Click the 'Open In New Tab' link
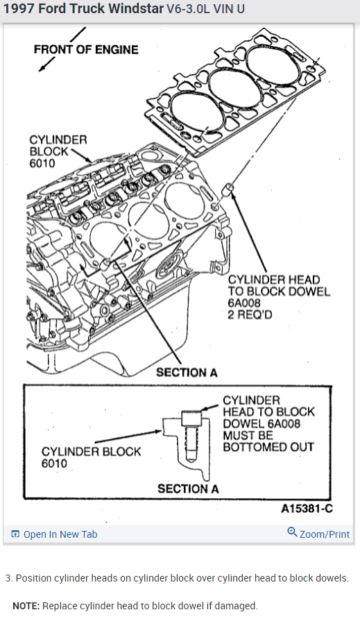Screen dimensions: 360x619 point(60,534)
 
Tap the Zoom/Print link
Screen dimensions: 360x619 point(325,534)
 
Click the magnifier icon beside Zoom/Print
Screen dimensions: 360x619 point(292,532)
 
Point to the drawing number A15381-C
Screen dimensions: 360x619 point(307,509)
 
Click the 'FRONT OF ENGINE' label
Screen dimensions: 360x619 point(86,49)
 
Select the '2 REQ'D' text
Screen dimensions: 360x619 point(250,314)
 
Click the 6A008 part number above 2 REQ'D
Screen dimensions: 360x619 point(244,303)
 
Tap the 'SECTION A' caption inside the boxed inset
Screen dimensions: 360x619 point(188,489)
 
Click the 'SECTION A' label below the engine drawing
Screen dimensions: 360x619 point(187,372)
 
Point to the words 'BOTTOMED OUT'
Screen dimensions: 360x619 point(268,447)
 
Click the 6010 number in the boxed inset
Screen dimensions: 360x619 point(55,463)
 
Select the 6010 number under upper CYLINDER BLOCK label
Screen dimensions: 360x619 point(42,163)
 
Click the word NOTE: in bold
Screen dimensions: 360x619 point(26,606)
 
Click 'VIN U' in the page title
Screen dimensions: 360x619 point(228,9)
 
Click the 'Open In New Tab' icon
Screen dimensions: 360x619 point(15,534)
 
